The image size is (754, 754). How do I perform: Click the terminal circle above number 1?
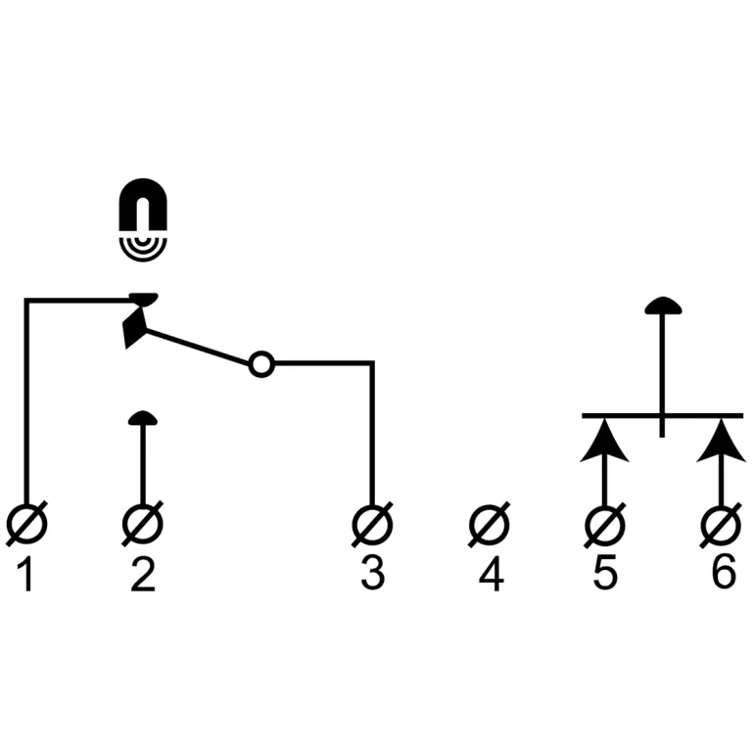pos(26,525)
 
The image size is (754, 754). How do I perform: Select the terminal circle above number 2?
pos(143,525)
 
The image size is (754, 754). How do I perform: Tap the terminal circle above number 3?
pos(372,525)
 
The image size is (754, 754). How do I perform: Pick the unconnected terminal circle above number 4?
pos(490,525)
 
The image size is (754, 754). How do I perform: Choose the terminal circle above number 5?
pos(604,525)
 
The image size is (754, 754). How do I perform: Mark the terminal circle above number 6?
pos(722,525)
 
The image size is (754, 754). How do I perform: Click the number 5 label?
pos(605,575)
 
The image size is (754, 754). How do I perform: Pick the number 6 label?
pos(723,575)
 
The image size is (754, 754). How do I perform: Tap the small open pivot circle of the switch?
pos(260,364)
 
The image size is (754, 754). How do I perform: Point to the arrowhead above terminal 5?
pos(604,441)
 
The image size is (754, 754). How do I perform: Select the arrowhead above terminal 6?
pos(722,441)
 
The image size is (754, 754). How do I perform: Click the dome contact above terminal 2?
pos(143,418)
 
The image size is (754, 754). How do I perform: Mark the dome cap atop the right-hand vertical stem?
pos(663,306)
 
